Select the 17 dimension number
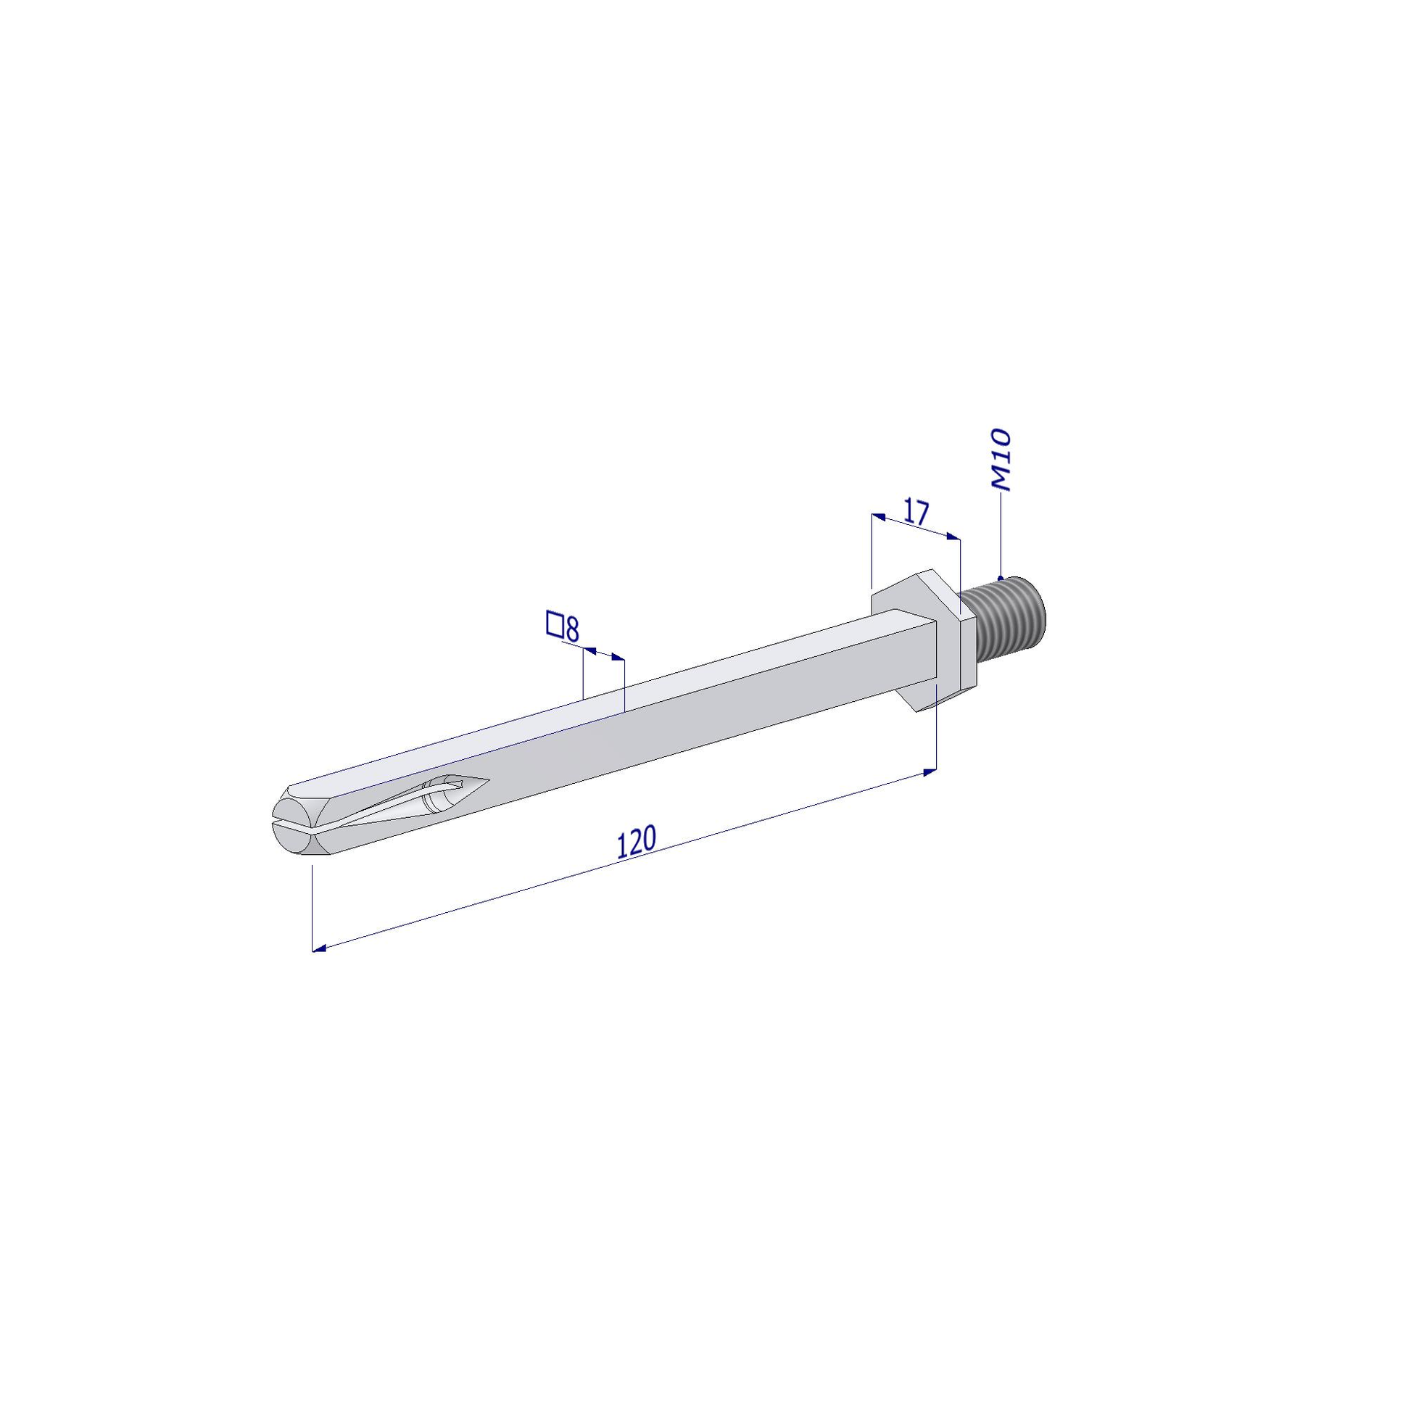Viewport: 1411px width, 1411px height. point(916,511)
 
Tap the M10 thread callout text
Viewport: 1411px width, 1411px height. point(1000,460)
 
